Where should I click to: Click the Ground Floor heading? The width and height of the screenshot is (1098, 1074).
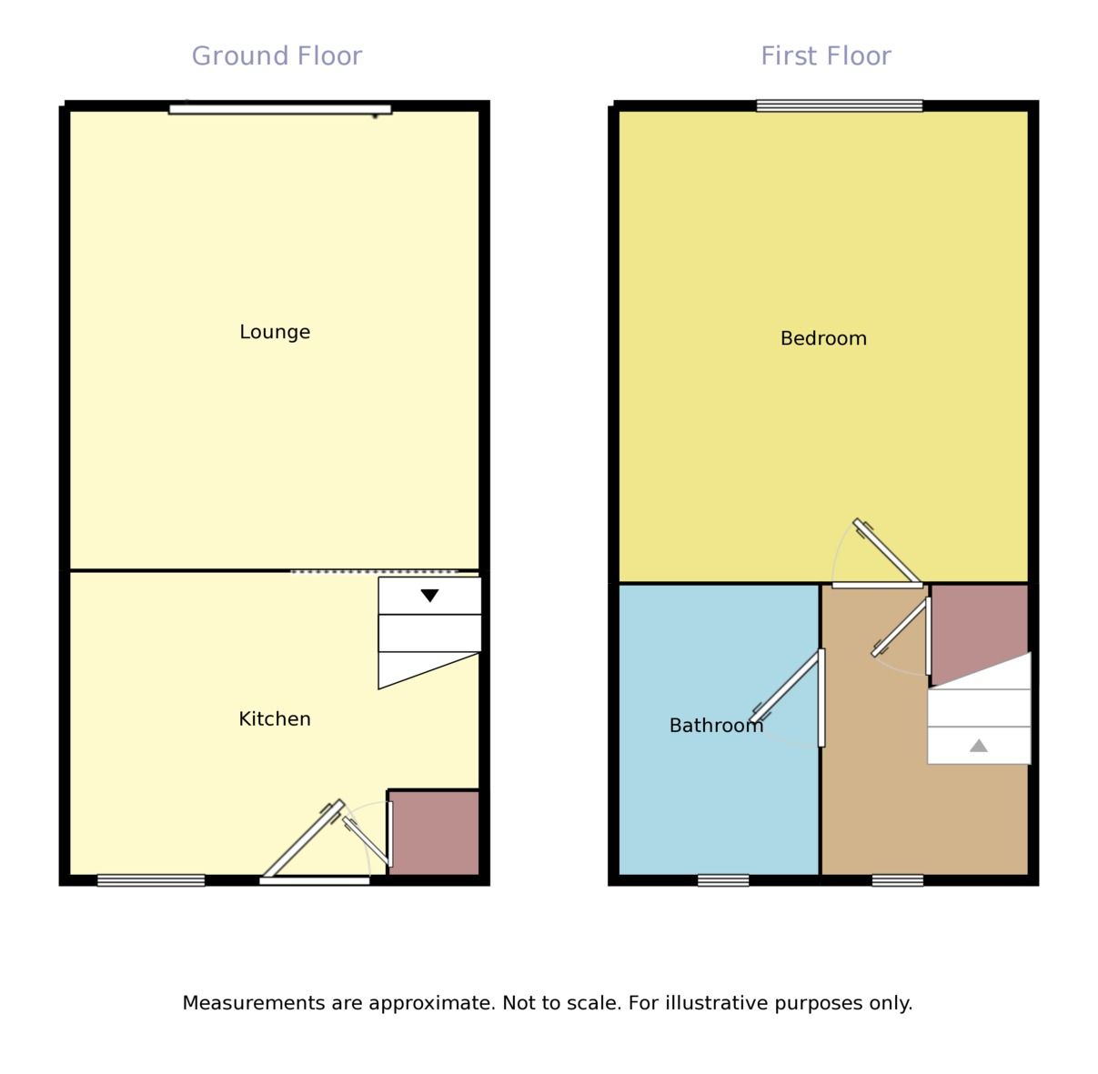[277, 56]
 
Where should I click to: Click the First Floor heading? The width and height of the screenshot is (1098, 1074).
[825, 56]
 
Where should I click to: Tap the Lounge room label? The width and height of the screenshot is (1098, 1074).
[275, 332]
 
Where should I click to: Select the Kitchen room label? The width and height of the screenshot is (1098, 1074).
[275, 719]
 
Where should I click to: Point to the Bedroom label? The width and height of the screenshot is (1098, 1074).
[823, 338]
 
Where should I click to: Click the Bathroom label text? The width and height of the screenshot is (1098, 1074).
[716, 726]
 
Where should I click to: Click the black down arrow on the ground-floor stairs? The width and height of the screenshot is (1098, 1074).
[430, 596]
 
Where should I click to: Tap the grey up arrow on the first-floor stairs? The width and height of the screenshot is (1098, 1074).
[978, 746]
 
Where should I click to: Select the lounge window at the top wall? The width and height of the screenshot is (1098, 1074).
[280, 109]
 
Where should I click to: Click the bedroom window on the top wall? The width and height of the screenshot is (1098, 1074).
[839, 105]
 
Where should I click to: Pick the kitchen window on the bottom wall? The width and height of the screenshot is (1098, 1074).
[151, 879]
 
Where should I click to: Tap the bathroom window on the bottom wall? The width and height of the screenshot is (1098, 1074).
[723, 879]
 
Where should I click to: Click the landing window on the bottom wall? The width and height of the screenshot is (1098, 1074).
[897, 879]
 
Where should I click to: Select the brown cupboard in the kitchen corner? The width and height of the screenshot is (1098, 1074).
[434, 832]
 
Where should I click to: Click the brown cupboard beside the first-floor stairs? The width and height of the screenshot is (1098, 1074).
[978, 627]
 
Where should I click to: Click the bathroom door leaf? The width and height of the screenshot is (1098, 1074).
[784, 687]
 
